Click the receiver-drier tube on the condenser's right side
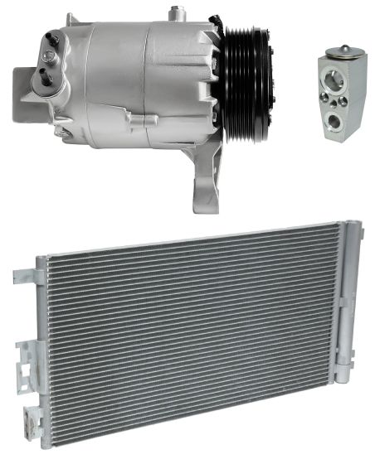(353, 331)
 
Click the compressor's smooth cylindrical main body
(124, 66)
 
